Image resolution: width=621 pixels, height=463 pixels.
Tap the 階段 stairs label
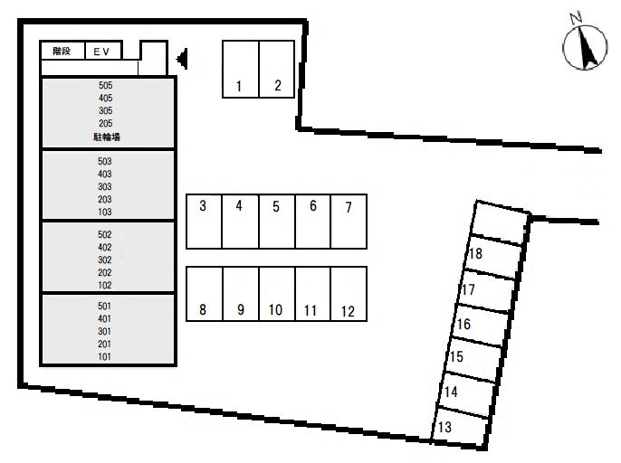click(62, 51)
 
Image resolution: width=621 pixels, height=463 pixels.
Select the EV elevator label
click(101, 52)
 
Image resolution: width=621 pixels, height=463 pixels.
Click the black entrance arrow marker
click(182, 59)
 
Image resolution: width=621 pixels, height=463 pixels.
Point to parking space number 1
click(241, 69)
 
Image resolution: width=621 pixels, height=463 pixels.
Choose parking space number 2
click(277, 69)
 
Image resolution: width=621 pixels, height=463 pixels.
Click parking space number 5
click(277, 222)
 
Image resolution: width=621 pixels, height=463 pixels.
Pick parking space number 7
click(349, 222)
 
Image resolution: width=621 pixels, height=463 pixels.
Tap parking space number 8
click(205, 294)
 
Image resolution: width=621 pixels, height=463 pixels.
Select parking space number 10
click(277, 294)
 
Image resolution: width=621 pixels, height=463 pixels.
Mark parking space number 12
click(349, 294)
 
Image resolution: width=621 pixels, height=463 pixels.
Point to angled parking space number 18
click(493, 255)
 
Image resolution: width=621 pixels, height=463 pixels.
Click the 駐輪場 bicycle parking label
click(107, 137)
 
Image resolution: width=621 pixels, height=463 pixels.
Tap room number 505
click(105, 85)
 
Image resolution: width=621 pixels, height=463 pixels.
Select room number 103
click(105, 212)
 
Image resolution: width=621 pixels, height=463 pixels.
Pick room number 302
click(105, 260)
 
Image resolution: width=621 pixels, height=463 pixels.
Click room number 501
click(104, 306)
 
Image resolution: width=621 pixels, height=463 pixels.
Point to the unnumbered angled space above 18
click(501, 222)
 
